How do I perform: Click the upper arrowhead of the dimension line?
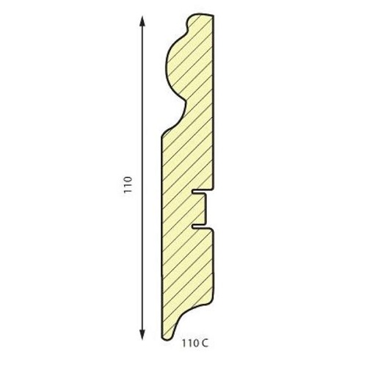click(142, 21)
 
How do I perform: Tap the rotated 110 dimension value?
click(128, 184)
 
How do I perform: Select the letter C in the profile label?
click(205, 344)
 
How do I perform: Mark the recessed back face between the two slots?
click(205, 209)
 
